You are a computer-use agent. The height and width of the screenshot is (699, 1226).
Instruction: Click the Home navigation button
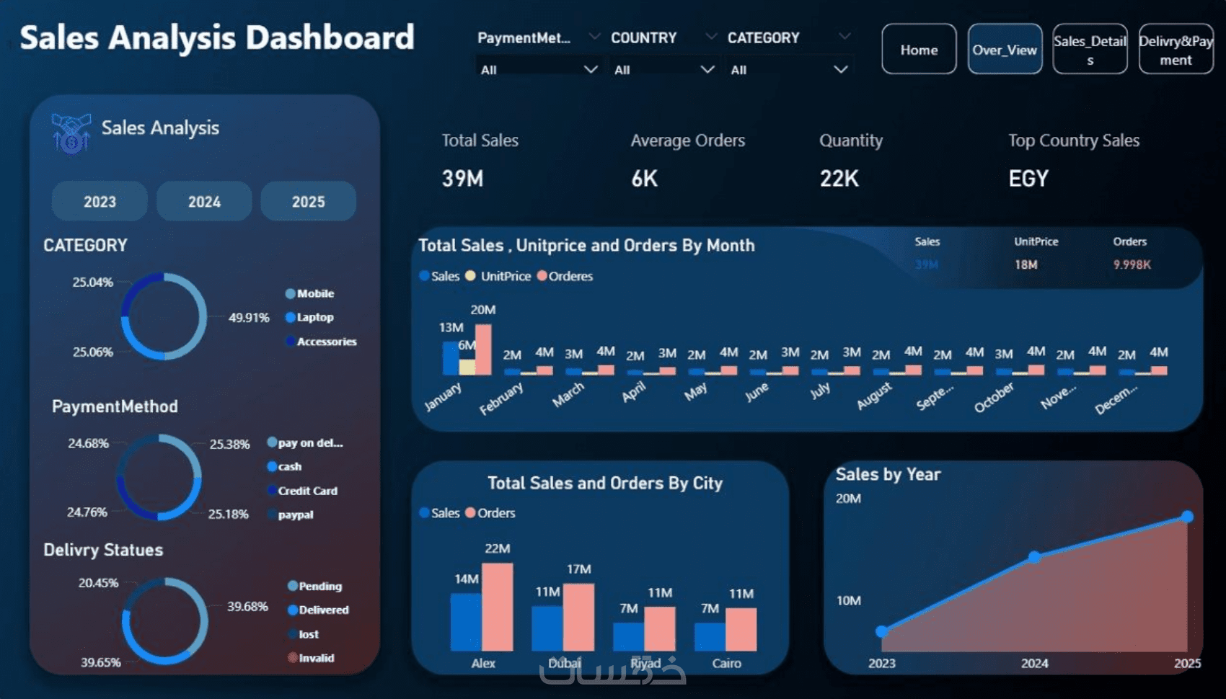[x=919, y=50]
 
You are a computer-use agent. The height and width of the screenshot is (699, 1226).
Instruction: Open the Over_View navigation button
[x=1005, y=50]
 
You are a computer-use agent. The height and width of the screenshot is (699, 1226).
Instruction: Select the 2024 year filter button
[x=204, y=202]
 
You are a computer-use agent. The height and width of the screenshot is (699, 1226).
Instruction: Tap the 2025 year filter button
[x=308, y=202]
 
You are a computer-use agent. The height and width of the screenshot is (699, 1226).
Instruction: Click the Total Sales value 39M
[x=462, y=179]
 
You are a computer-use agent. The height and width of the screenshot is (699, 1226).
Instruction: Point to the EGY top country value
[x=1028, y=179]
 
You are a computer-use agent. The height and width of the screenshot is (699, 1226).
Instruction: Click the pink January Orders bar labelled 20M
[x=483, y=349]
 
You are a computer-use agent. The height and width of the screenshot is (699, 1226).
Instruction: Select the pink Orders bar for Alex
[x=498, y=607]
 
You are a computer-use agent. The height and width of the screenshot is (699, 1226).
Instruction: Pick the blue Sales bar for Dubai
[x=547, y=628]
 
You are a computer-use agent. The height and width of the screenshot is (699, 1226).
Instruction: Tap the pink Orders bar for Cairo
[x=741, y=629]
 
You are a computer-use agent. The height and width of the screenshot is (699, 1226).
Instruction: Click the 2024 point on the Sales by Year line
[x=1034, y=557]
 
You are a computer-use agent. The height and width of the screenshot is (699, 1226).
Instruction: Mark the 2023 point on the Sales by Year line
[x=881, y=632]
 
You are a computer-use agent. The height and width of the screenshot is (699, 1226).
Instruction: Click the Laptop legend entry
[x=314, y=317]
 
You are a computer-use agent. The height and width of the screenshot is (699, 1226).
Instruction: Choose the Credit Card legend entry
[x=307, y=491]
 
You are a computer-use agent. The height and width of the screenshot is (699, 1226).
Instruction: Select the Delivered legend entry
[x=323, y=610]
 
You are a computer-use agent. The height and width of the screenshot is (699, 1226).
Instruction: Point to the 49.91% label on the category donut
[x=249, y=318]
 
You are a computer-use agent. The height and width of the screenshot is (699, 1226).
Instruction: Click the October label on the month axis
[x=994, y=398]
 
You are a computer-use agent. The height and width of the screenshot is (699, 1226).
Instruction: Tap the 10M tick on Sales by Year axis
[x=849, y=600]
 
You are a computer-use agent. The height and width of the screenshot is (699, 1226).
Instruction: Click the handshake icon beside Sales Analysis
[x=71, y=133]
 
